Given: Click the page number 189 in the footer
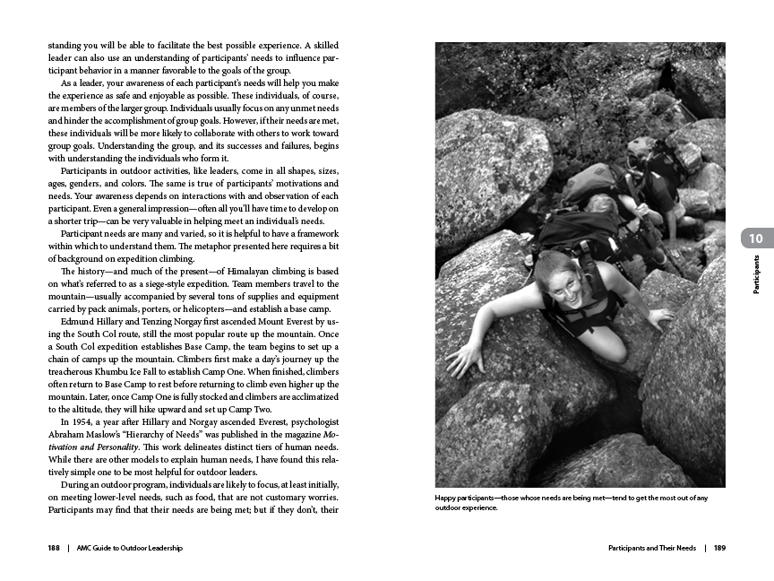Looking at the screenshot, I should click(719, 548).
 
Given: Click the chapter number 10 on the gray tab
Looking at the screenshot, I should click(756, 238).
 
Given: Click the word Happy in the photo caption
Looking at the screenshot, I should click(446, 499).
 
